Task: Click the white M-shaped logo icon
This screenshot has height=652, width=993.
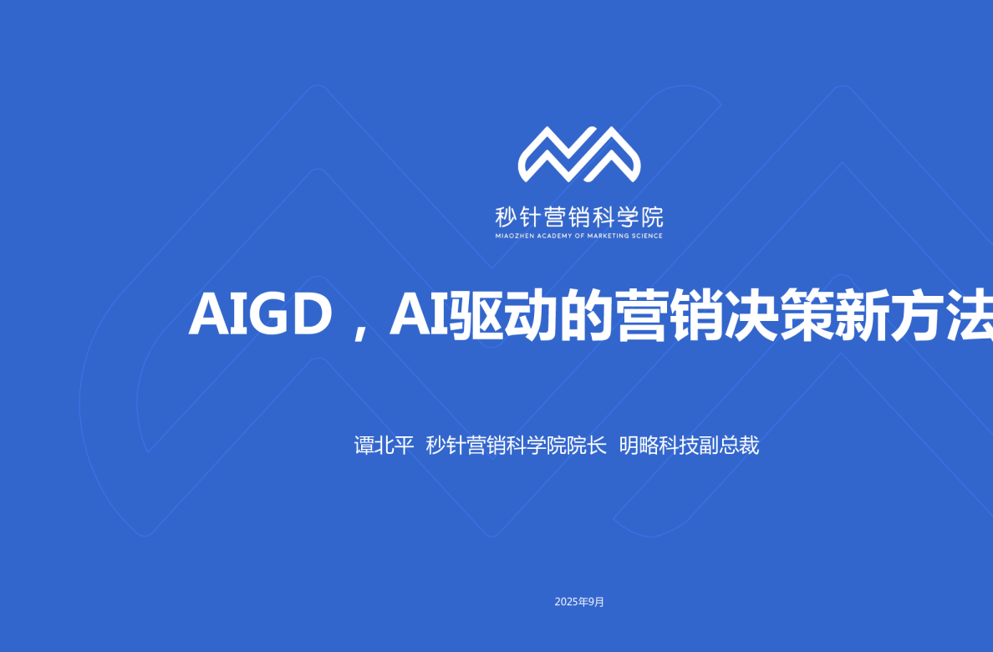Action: (x=579, y=155)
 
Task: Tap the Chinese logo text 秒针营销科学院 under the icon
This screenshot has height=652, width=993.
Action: (x=579, y=217)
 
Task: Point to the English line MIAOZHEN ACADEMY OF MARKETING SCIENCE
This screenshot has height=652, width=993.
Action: (x=579, y=237)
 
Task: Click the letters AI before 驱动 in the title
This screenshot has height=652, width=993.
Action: (x=419, y=315)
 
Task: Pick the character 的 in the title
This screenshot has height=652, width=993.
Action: (x=586, y=315)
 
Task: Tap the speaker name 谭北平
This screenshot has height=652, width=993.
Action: (x=384, y=446)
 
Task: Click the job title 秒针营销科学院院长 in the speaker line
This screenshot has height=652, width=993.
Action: (x=516, y=446)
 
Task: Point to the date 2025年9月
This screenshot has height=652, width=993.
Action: (x=579, y=602)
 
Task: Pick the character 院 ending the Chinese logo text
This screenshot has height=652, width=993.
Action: (x=653, y=217)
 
